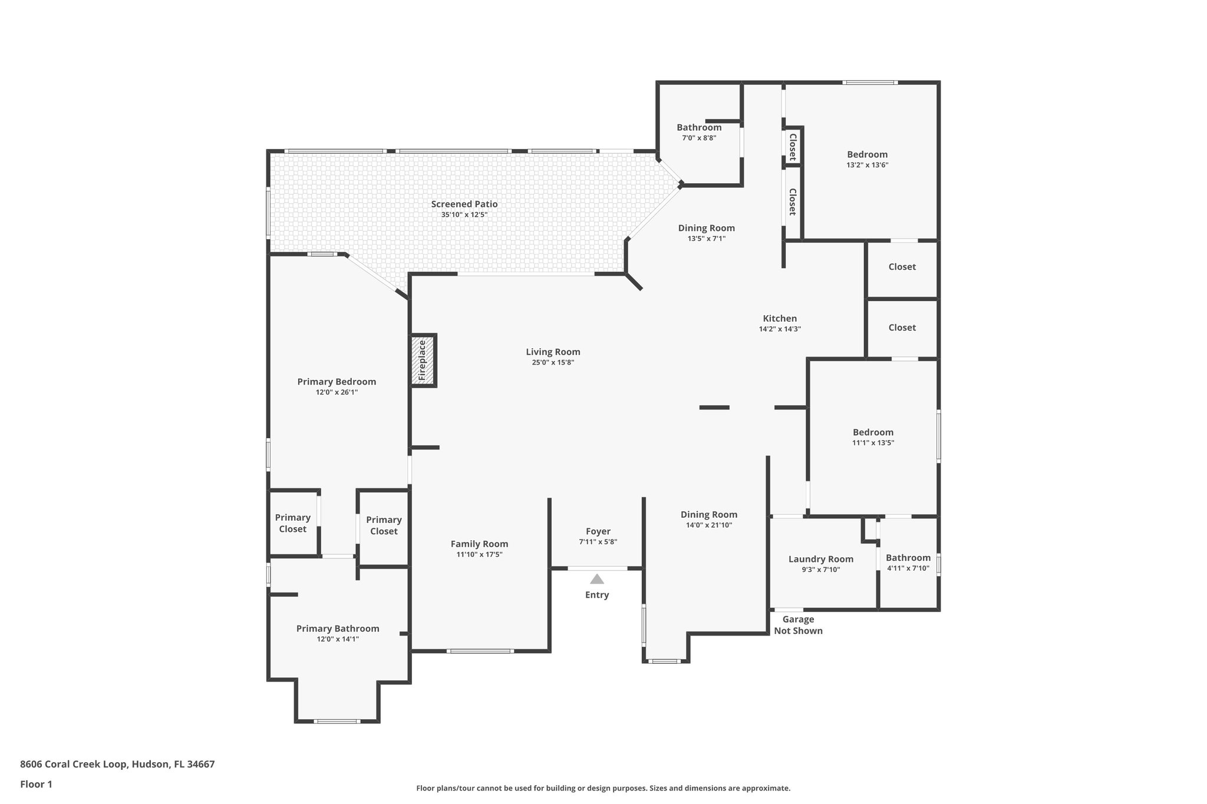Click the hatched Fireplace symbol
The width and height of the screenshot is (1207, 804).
pyautogui.click(x=423, y=360)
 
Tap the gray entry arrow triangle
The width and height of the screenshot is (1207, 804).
pyautogui.click(x=597, y=579)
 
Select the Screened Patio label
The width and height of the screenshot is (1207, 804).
pyautogui.click(x=464, y=204)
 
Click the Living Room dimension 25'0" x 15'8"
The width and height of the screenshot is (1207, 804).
pyautogui.click(x=553, y=363)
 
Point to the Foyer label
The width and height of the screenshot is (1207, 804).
pyautogui.click(x=598, y=531)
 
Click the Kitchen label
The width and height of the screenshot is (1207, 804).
pyautogui.click(x=780, y=319)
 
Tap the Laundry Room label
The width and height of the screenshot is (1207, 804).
pyautogui.click(x=820, y=559)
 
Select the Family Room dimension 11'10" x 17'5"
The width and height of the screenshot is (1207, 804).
pyautogui.click(x=479, y=555)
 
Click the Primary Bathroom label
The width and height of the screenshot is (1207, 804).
pyautogui.click(x=338, y=628)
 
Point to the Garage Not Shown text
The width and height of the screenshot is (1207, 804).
pyautogui.click(x=798, y=625)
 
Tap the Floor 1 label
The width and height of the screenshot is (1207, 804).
pyautogui.click(x=36, y=784)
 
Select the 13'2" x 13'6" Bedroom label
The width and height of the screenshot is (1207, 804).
pyautogui.click(x=867, y=154)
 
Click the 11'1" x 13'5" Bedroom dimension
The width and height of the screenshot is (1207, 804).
pyautogui.click(x=873, y=443)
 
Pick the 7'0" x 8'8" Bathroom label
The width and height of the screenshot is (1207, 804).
pyautogui.click(x=699, y=127)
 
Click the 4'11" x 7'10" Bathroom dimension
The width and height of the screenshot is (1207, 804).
pyautogui.click(x=908, y=568)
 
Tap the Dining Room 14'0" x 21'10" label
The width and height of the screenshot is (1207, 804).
pyautogui.click(x=709, y=514)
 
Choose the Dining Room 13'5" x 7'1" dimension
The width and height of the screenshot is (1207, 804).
pyautogui.click(x=706, y=239)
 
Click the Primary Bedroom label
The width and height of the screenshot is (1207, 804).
pyautogui.click(x=337, y=382)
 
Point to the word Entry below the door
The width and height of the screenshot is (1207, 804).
pyautogui.click(x=597, y=595)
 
